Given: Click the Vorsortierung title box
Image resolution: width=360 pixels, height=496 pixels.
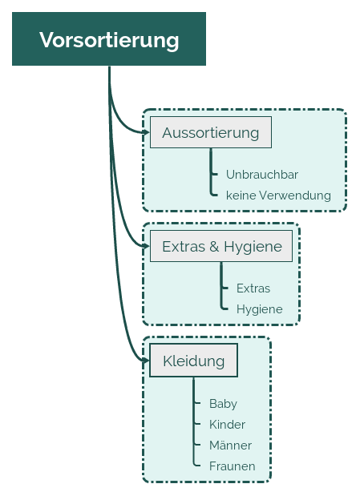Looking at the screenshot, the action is pyautogui.click(x=109, y=39).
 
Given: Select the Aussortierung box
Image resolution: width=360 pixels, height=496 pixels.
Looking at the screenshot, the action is pyautogui.click(x=211, y=132).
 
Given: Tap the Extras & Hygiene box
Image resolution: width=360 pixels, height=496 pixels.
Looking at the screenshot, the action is pyautogui.click(x=221, y=246).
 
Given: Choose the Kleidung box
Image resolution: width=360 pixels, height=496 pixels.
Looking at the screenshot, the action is pyautogui.click(x=193, y=361).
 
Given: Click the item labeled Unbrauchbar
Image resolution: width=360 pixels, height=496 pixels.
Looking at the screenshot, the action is pyautogui.click(x=262, y=175).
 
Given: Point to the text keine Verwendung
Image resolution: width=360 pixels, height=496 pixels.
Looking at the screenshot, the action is pyautogui.click(x=278, y=196).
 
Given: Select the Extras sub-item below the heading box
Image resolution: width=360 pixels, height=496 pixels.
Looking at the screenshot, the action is pyautogui.click(x=253, y=288).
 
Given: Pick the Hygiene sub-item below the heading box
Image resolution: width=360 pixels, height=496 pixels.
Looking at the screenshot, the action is pyautogui.click(x=259, y=309).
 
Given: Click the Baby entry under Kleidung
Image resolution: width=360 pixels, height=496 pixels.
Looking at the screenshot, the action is pyautogui.click(x=223, y=404).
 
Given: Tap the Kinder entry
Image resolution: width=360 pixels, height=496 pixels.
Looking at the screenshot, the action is pyautogui.click(x=227, y=425).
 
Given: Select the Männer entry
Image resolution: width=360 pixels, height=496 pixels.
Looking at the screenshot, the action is pyautogui.click(x=230, y=445).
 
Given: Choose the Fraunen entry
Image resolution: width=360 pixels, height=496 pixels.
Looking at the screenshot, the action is pyautogui.click(x=232, y=466).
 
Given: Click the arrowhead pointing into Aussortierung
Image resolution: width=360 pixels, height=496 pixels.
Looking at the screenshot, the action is pyautogui.click(x=146, y=132).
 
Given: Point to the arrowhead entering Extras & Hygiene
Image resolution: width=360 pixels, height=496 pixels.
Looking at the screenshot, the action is pyautogui.click(x=146, y=246).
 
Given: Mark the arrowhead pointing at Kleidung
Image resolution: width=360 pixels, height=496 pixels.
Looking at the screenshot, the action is pyautogui.click(x=146, y=361).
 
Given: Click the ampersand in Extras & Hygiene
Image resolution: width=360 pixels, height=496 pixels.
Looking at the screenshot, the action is pyautogui.click(x=214, y=247).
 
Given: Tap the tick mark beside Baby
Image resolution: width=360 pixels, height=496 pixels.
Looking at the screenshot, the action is pyautogui.click(x=197, y=403).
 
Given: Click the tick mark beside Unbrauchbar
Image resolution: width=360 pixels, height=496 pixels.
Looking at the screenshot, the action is pyautogui.click(x=214, y=174).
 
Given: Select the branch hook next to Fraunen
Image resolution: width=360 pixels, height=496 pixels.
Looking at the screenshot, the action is pyautogui.click(x=196, y=464).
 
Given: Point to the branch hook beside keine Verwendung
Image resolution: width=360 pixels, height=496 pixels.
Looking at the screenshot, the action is pyautogui.click(x=214, y=193).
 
